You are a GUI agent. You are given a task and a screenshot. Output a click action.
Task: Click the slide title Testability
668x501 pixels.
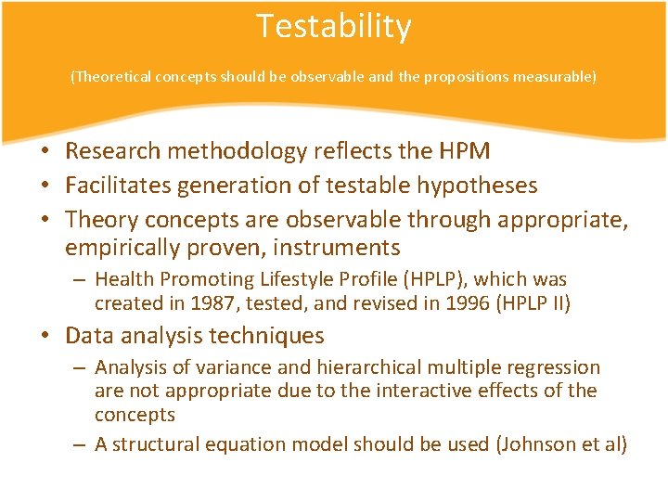[x=333, y=27]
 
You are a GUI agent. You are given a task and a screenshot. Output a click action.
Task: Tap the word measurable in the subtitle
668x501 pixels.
[x=556, y=77]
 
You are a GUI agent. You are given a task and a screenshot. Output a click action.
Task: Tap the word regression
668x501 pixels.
[x=554, y=367]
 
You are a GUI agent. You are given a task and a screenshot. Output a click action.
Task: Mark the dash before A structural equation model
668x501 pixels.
[x=81, y=444]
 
